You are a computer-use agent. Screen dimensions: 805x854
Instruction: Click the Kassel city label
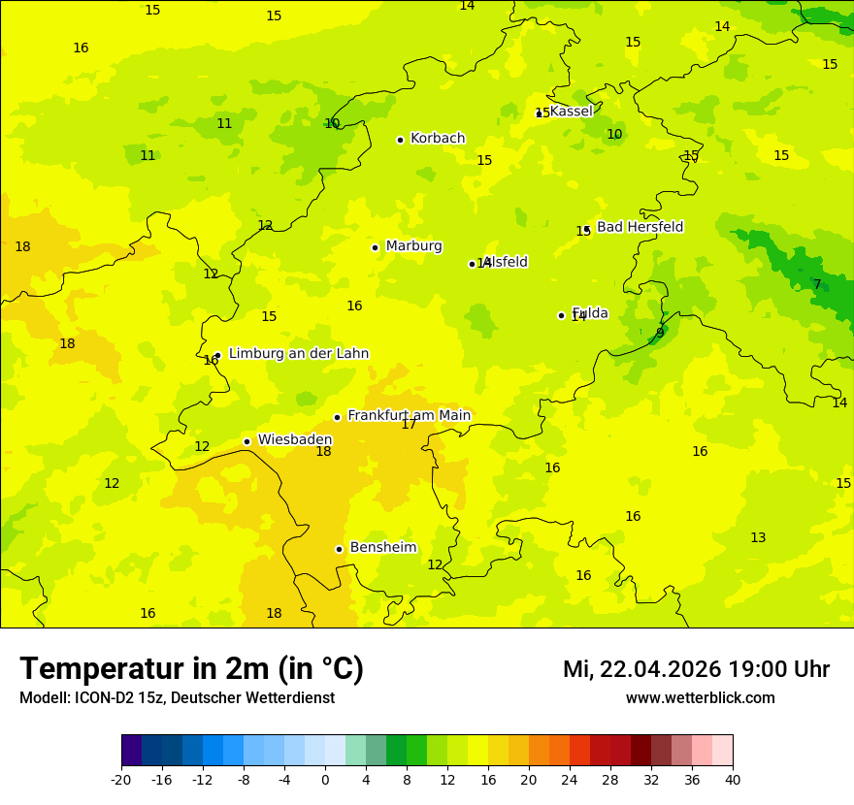[571, 112]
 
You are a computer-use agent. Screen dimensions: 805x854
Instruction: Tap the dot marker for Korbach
[400, 140]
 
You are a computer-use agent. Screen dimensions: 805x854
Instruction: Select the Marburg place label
[413, 246]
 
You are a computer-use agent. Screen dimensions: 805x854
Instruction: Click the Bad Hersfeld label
[640, 227]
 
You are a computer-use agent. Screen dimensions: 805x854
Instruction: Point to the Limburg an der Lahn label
[298, 354]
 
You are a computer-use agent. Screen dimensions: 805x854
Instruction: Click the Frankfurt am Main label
[409, 416]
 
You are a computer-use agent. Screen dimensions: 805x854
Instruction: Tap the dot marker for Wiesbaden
[247, 441]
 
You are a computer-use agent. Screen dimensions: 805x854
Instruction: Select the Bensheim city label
[382, 548]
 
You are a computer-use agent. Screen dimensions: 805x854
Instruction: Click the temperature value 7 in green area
[817, 284]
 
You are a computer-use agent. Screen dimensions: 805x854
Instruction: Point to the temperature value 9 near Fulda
[660, 333]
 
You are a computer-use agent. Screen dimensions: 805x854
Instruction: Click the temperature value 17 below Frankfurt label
[409, 425]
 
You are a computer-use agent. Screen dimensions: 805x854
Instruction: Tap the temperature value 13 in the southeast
[758, 538]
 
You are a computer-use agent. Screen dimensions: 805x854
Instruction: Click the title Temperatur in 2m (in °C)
[191, 668]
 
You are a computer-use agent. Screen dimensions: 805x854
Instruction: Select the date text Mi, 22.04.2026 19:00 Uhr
[696, 669]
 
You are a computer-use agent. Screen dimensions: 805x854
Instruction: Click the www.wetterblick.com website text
[700, 698]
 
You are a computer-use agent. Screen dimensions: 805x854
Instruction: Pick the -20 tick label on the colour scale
[121, 779]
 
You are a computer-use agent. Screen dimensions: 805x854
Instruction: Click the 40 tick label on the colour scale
[732, 779]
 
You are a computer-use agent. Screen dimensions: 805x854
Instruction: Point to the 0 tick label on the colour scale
[325, 779]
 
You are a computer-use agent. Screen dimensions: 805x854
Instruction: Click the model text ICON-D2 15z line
[177, 698]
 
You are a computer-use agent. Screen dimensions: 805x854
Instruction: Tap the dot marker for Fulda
[561, 315]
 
